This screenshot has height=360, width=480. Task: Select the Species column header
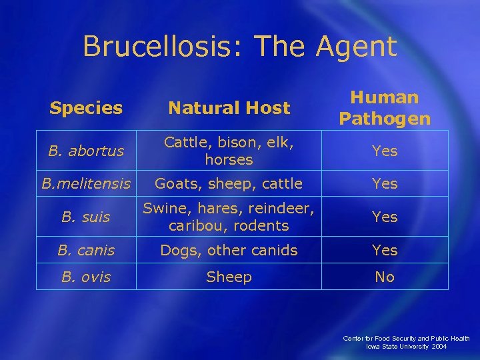pos(86,108)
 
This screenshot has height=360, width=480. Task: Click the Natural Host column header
pos(229,108)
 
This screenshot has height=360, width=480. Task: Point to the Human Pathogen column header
pos(385,108)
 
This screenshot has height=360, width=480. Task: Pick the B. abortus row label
pos(86,151)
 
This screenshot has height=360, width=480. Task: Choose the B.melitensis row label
pos(86,183)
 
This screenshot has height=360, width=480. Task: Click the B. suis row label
pos(86,217)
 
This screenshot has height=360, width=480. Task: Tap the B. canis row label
pos(86,250)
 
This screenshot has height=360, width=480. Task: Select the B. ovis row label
pos(86,277)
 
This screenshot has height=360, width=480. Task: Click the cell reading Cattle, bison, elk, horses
pos(229,151)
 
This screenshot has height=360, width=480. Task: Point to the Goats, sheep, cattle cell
pos(229,183)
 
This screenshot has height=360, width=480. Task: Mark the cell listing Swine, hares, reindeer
pos(229,217)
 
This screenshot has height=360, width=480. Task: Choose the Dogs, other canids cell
pos(229,250)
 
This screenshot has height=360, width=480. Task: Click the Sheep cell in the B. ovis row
pos(229,277)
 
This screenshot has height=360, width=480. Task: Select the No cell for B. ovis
pos(385,277)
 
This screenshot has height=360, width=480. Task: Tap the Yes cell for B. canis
pos(385,250)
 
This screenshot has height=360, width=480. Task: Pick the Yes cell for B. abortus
pos(385,151)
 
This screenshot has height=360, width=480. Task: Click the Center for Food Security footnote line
pos(406,339)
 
